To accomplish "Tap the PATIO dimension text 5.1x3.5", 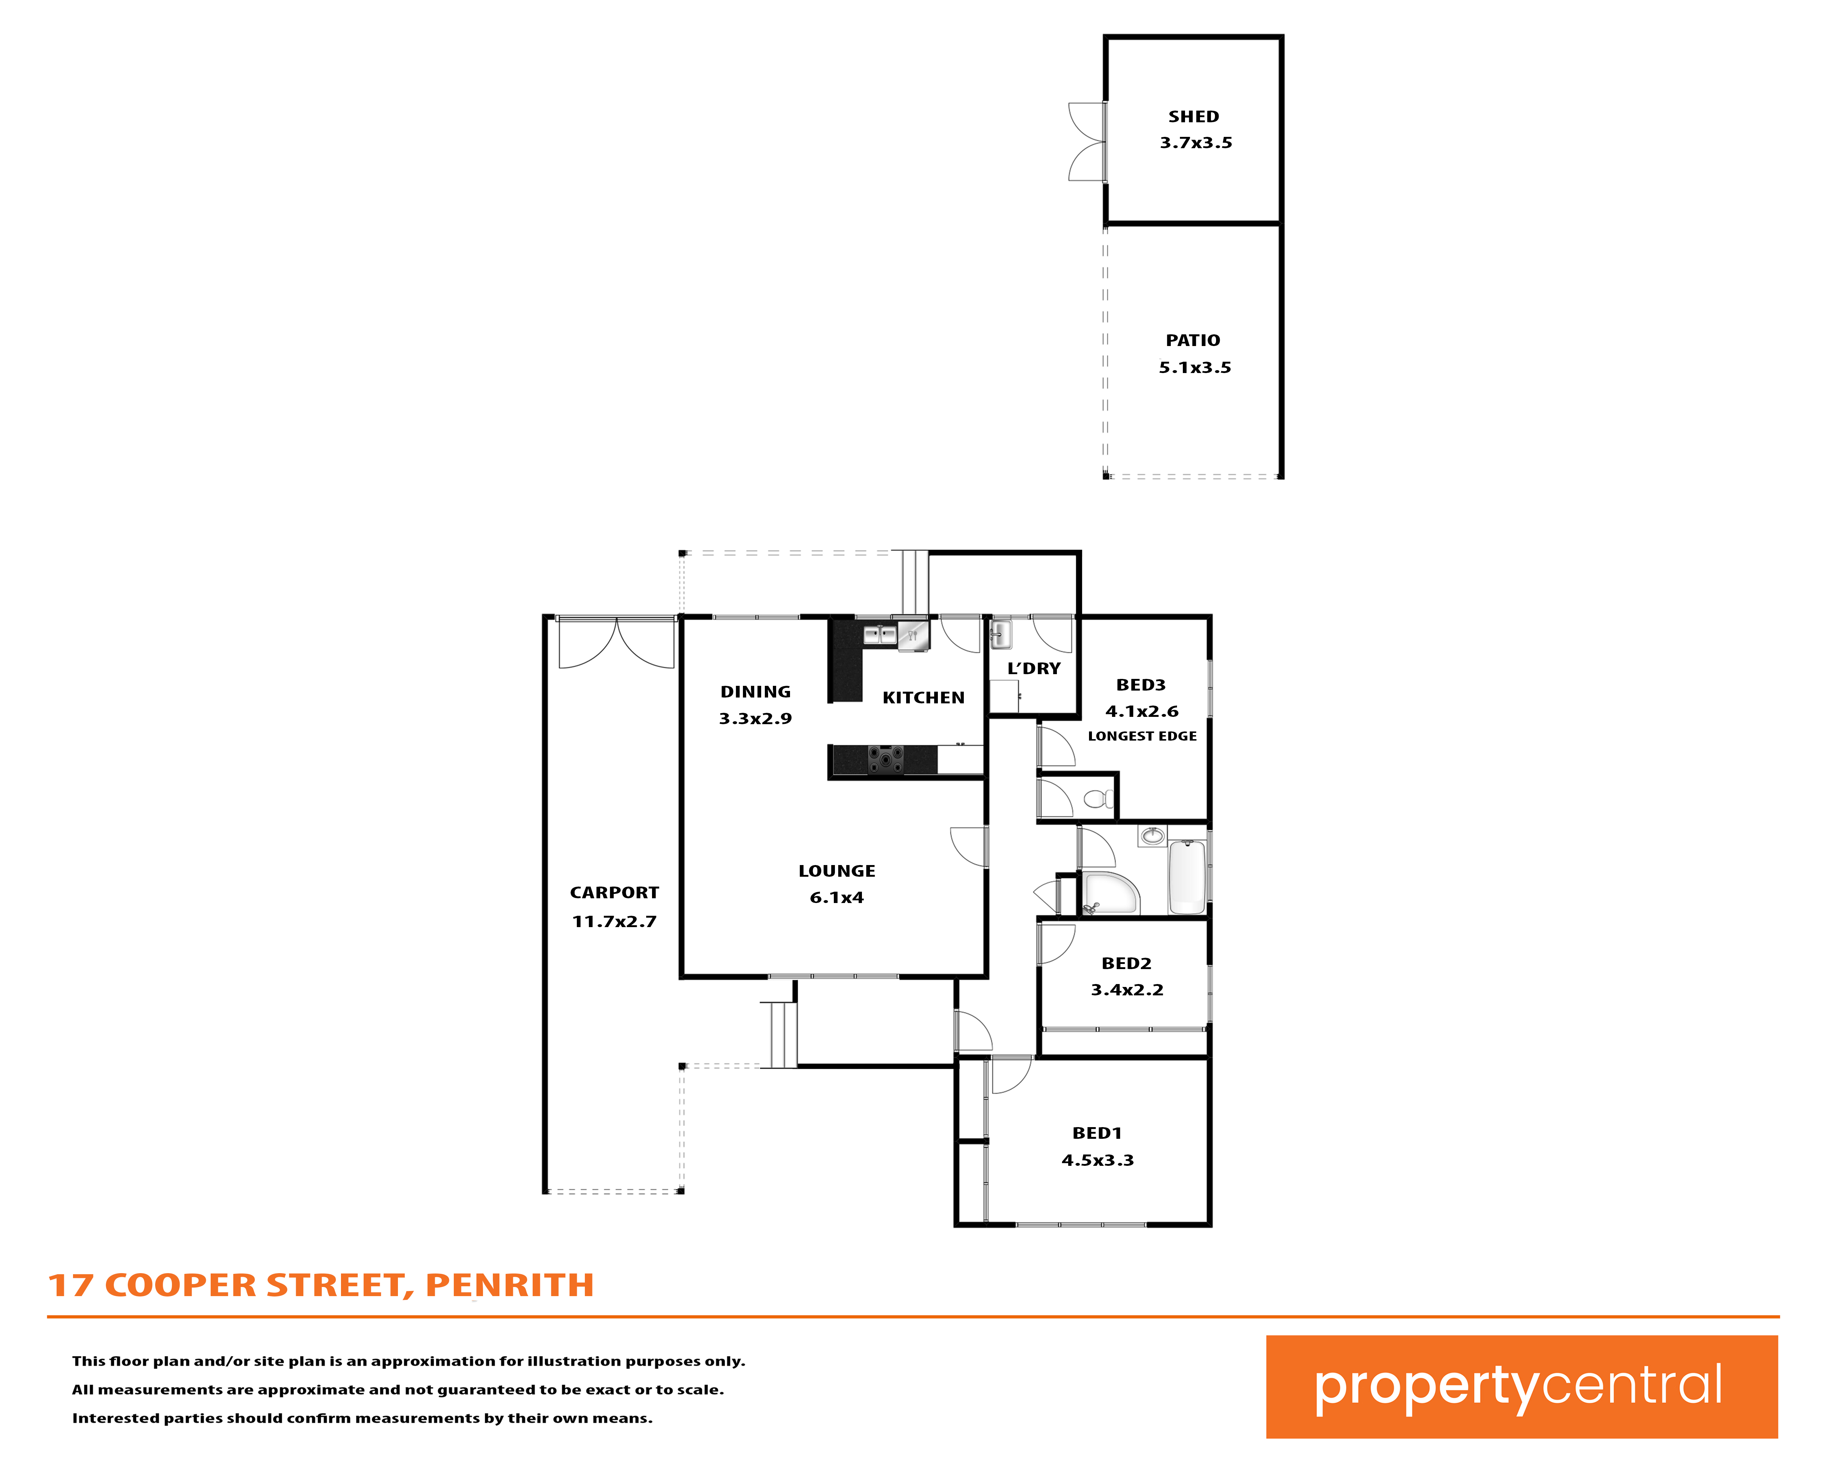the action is coord(1195,367).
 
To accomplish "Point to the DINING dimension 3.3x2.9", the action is coord(755,719).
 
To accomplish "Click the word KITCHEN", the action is coord(924,698).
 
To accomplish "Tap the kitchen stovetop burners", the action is coord(885,760).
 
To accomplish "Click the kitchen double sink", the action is coord(879,635).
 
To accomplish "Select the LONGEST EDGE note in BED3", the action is coord(1142,736).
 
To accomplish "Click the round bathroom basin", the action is coord(1152,836).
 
